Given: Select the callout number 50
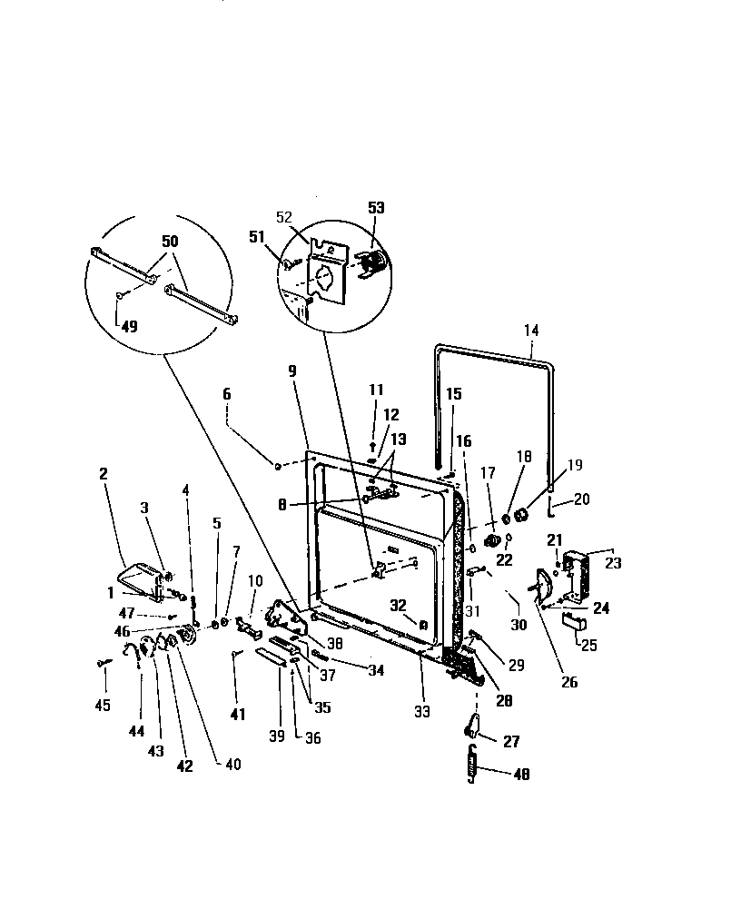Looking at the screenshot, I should point(170,242).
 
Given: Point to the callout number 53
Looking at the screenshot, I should point(376,208).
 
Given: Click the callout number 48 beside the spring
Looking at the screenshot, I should point(520,775).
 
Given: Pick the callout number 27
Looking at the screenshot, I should point(511,742).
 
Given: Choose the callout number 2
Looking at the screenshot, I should point(103,473).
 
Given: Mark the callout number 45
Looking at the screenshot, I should point(103,705).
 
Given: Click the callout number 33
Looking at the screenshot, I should point(422,712).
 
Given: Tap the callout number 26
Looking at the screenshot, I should point(569,682).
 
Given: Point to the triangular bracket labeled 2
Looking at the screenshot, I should point(141,579).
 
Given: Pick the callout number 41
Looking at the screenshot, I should point(237,715).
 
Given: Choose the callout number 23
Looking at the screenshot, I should point(613,562).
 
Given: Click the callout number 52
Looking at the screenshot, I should point(284,217).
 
